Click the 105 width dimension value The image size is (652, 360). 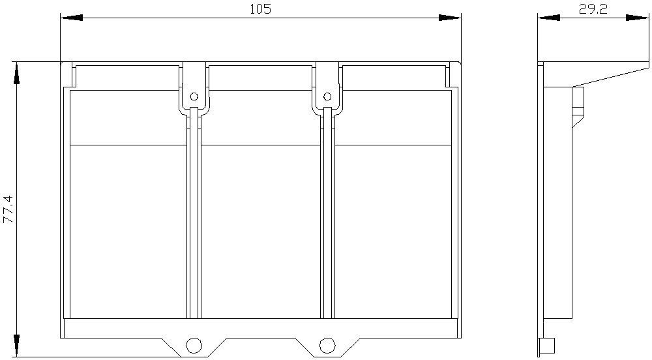click(260, 9)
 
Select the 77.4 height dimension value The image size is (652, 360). click(8, 209)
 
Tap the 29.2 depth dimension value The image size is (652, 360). click(593, 10)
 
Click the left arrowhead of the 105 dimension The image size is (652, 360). click(72, 18)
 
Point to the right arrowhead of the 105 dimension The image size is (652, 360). click(450, 18)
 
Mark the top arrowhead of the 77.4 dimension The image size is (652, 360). click(17, 74)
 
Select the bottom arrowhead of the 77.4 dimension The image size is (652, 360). click(17, 345)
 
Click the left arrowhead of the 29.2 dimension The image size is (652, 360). click(548, 18)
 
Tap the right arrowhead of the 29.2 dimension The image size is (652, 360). click(637, 18)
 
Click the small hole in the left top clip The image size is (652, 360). click(194, 97)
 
